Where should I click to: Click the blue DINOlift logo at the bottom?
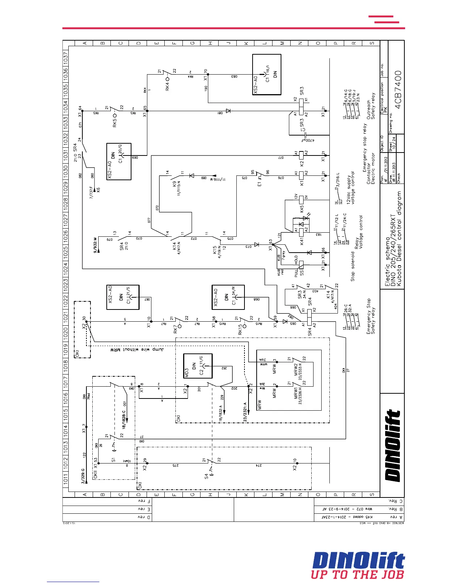[x=359, y=560]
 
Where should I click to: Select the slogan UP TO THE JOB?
[x=357, y=575]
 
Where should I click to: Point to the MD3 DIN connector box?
[x=198, y=366]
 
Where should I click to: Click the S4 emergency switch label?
[x=206, y=476]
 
